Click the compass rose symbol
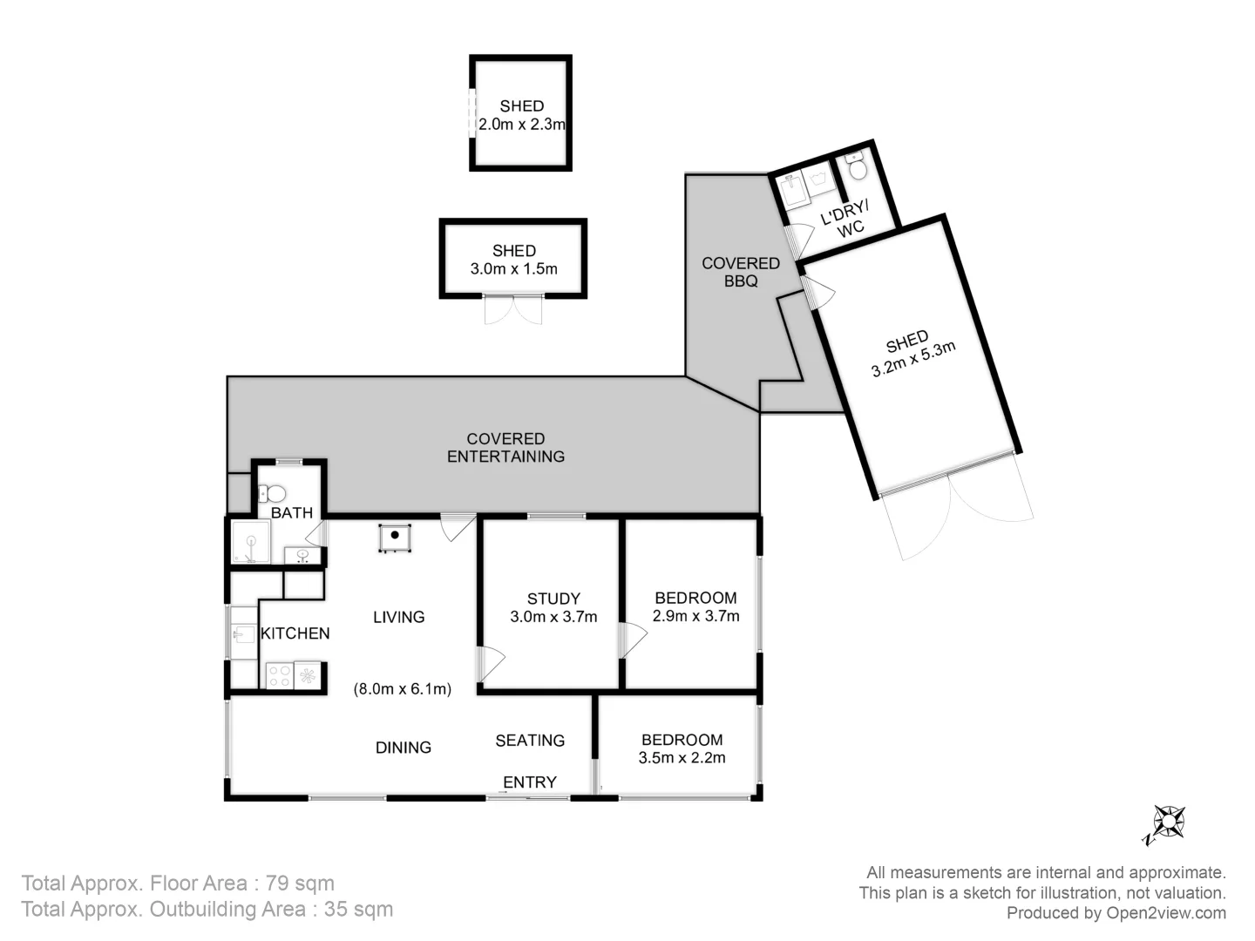(1167, 823)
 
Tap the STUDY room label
(553, 599)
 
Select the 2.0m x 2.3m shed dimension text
(521, 125)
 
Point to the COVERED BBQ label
(740, 272)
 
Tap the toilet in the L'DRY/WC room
(857, 166)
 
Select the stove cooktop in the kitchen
(279, 676)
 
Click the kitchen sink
(242, 634)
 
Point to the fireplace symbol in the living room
(395, 538)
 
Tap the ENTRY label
(529, 782)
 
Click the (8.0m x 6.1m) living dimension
(402, 689)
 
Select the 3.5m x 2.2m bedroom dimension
(682, 758)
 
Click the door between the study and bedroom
(631, 640)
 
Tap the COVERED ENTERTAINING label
(505, 448)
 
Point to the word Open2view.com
(1166, 913)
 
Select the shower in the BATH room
(251, 543)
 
